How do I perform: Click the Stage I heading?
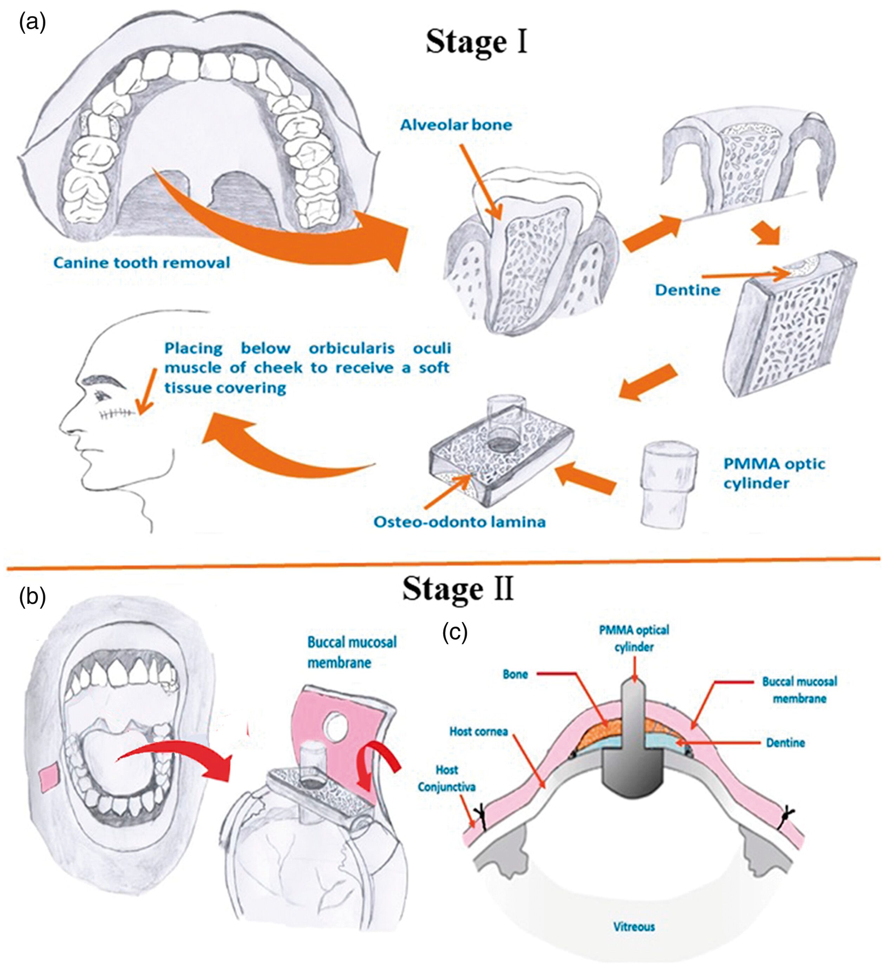(x=476, y=42)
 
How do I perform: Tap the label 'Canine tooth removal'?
(x=142, y=262)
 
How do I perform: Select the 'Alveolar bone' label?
(x=456, y=125)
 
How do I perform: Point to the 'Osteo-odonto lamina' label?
(x=459, y=522)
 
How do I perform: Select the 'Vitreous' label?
(x=634, y=926)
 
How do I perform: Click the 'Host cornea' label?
(x=478, y=732)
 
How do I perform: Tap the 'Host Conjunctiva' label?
(x=446, y=778)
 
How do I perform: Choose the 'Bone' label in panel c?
(x=515, y=674)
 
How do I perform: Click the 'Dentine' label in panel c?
(x=785, y=743)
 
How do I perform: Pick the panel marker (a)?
(x=32, y=22)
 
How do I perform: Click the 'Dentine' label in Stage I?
(x=687, y=290)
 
